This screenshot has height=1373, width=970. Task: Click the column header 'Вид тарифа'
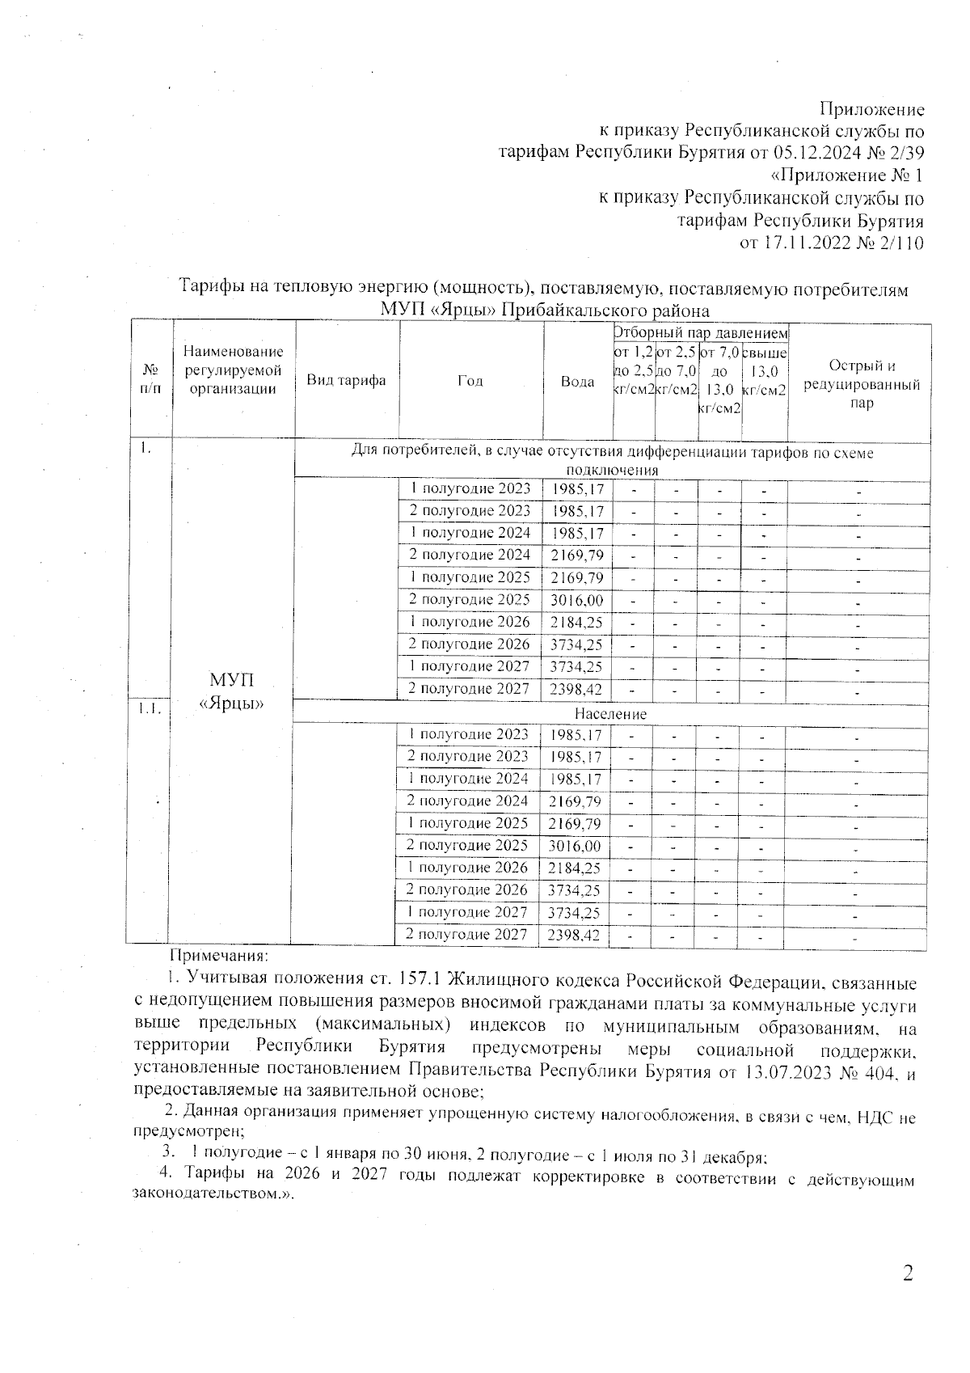tap(346, 381)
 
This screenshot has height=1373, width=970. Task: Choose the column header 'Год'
tap(470, 381)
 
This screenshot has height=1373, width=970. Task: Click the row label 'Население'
tap(610, 714)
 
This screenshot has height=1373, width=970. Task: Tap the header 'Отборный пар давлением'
tap(700, 332)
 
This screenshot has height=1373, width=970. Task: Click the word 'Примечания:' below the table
tap(212, 957)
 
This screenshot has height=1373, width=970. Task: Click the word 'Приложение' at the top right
tap(871, 109)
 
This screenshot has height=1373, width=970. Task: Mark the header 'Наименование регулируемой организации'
tap(233, 370)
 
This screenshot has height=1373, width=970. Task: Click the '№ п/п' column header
tap(150, 378)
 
